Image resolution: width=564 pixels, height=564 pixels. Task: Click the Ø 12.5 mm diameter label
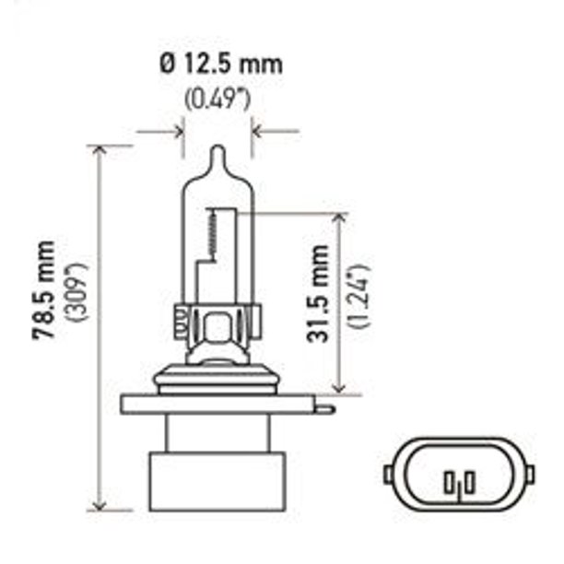220,65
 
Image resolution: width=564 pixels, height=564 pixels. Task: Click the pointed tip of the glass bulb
217,151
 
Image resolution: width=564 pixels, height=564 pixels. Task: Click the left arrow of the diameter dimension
175,131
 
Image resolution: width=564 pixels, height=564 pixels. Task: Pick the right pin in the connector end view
468,482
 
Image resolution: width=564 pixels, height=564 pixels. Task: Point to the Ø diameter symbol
167,65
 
